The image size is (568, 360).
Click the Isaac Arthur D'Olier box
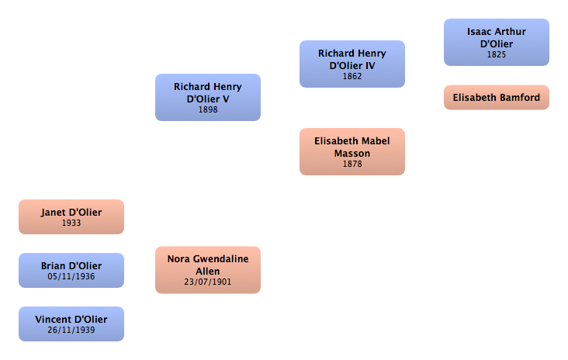click(496, 43)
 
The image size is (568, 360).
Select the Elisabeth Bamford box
click(496, 98)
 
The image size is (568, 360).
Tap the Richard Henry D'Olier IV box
click(352, 64)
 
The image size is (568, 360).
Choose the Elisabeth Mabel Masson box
click(352, 151)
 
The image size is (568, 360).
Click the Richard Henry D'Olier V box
click(207, 97)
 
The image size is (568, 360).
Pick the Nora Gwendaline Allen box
click(207, 270)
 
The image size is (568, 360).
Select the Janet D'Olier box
click(71, 216)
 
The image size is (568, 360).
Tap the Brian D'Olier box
click(71, 270)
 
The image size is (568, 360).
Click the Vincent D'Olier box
click(71, 324)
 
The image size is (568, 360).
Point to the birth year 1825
click(497, 55)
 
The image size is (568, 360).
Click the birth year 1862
click(352, 77)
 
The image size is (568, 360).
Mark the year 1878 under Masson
click(352, 164)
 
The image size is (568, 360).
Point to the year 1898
click(208, 110)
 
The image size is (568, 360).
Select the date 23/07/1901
click(208, 283)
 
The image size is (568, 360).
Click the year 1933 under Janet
click(71, 223)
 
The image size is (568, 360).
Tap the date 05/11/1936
click(71, 277)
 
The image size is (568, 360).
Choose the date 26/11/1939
click(71, 331)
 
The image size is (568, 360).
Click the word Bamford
click(519, 98)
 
